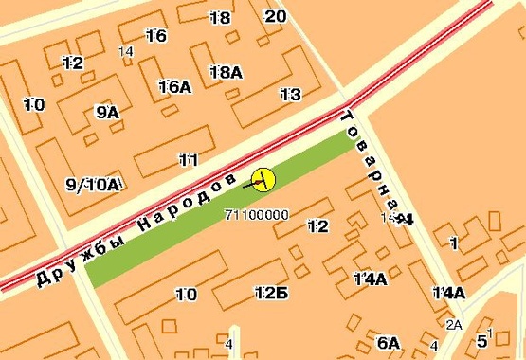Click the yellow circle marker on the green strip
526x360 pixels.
coord(263,177)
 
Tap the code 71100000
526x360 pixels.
coord(257,215)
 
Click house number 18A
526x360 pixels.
coord(226,72)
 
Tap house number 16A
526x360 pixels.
coord(174,87)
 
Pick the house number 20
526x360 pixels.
coord(275,16)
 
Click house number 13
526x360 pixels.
coord(290,94)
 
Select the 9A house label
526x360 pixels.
coord(107,112)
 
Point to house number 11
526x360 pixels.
coord(188,160)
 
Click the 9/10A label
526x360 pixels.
coord(93,184)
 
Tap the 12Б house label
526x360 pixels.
coord(270,294)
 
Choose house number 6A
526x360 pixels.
coord(389,342)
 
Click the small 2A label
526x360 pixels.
coord(453,325)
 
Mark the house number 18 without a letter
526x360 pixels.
coord(220,18)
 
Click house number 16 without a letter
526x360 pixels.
coord(156,36)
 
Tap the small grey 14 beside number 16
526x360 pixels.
coord(126,51)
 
